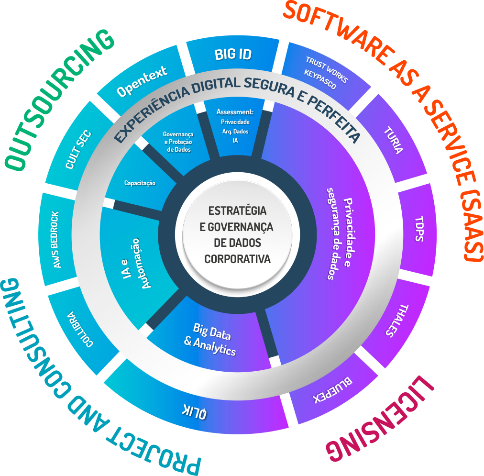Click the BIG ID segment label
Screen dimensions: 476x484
[x=232, y=54]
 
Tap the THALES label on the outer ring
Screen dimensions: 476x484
[x=396, y=321]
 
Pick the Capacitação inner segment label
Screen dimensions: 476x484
[x=140, y=183]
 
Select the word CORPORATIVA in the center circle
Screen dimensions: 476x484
[x=237, y=259]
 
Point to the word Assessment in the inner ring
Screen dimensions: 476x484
[x=235, y=112]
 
